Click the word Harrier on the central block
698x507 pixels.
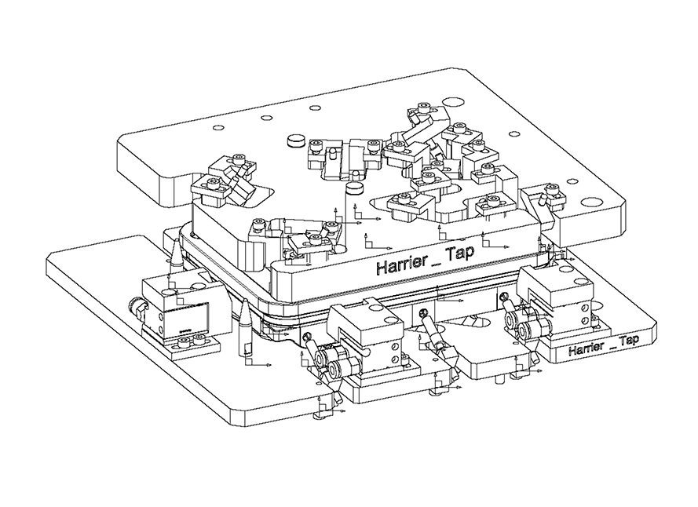tap(401, 265)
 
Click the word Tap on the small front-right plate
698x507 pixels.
tap(629, 340)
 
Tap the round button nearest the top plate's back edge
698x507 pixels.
tap(296, 140)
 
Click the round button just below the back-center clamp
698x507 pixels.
tap(354, 189)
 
